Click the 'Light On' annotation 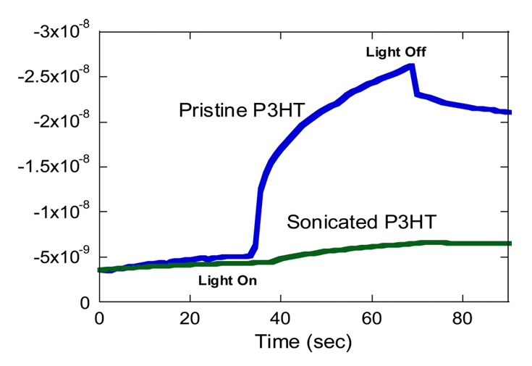[227, 279]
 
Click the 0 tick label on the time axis [99, 318]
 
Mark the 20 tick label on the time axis [190, 318]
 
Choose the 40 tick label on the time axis [281, 318]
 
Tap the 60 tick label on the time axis [372, 318]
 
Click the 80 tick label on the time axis [463, 318]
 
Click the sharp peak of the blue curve [412, 66]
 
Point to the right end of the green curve [510, 244]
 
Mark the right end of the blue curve [510, 112]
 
